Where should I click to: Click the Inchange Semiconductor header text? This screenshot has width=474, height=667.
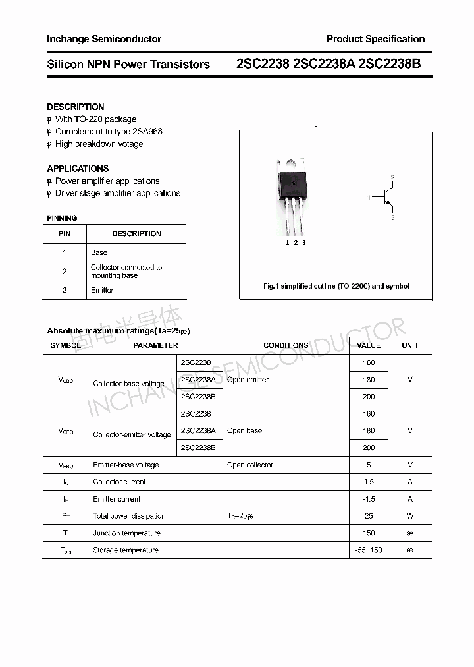[103, 39]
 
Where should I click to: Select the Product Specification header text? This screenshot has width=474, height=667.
[375, 39]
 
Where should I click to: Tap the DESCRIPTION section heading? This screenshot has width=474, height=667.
[75, 107]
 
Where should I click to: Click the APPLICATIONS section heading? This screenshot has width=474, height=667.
[78, 169]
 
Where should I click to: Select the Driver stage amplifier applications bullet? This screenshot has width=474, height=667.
[117, 193]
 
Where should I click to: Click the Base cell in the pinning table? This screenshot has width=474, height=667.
[99, 252]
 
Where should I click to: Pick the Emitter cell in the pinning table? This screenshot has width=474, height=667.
[102, 290]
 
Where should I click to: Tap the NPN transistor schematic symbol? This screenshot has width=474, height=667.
[384, 197]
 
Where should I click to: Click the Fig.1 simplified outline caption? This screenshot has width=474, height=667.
[336, 286]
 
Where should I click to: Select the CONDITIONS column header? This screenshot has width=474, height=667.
[286, 345]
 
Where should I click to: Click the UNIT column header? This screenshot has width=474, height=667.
[409, 345]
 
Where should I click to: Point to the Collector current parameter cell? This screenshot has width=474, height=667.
[119, 482]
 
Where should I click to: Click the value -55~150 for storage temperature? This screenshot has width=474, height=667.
[368, 550]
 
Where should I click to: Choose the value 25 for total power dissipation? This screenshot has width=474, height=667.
[368, 516]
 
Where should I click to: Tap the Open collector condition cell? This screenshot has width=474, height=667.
[250, 465]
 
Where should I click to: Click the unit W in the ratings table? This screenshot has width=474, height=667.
[409, 516]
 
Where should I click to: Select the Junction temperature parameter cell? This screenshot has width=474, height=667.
[126, 533]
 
